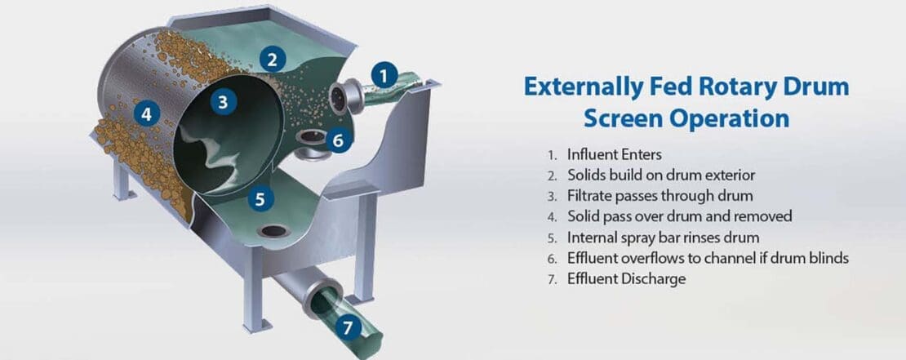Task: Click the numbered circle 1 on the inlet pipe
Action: coord(384,76)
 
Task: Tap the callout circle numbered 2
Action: coord(273,59)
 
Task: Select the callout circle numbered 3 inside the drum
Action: coord(223,102)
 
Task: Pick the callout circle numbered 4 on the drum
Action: coord(147,113)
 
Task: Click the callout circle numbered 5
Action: coord(260,199)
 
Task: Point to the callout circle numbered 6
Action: coord(339,140)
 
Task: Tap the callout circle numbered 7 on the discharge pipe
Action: coord(347,328)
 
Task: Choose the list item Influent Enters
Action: coord(615,155)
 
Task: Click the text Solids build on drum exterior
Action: coord(661,175)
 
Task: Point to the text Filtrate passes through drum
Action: coord(660,196)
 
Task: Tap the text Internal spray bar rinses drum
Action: coord(663,238)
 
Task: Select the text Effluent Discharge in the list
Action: coord(626,279)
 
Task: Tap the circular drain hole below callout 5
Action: coord(273,231)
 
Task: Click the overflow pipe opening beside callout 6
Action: coord(310,137)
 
